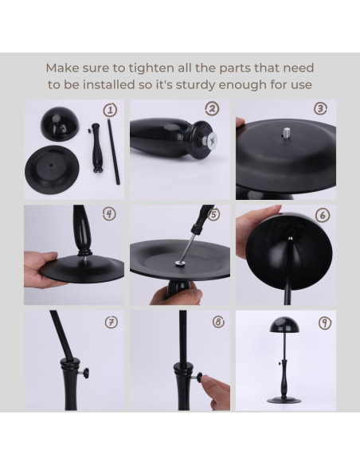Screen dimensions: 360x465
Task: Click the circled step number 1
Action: point(110,111)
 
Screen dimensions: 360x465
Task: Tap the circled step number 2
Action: point(212,109)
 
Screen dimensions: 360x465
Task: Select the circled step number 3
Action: point(320,109)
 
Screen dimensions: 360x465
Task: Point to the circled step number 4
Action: point(109,213)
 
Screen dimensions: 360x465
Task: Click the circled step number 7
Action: point(112,322)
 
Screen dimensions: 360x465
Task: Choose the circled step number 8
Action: point(219,322)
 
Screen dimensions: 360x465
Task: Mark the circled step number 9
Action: point(325,322)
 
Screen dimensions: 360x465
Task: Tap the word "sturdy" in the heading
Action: point(196,85)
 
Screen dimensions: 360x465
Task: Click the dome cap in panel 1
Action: point(61,123)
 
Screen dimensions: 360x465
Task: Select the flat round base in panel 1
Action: point(53,170)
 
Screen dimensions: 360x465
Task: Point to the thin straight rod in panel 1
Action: point(114,151)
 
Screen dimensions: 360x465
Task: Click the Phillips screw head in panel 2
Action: point(212,139)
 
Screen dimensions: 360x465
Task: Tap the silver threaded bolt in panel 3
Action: point(287,131)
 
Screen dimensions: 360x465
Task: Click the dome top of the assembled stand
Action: point(285,324)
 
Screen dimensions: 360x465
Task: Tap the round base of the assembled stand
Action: point(284,400)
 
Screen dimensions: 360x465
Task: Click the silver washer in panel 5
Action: point(180,263)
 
